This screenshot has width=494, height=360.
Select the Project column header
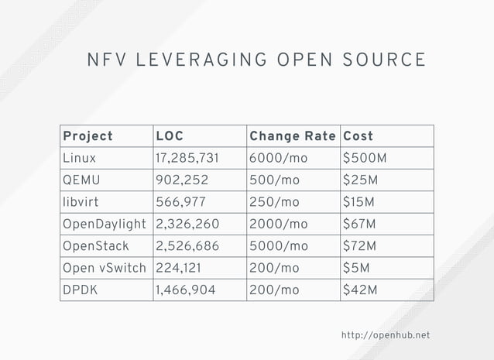point(87,136)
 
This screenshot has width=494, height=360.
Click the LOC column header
point(170,136)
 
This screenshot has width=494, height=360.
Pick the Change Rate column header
point(292,136)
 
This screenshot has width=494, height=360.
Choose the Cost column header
point(358,136)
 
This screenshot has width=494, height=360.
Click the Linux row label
point(80,158)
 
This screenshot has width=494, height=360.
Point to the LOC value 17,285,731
point(187,158)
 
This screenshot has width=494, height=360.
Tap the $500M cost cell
point(365,158)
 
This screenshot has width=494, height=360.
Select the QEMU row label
point(81,180)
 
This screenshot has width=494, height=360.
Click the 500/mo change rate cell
point(274,180)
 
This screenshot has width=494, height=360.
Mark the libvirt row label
point(81,202)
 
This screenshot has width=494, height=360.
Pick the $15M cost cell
point(360,202)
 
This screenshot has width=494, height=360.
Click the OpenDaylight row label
point(105,225)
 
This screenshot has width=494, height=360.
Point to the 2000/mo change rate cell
point(278,225)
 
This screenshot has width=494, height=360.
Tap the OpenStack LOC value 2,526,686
point(187,246)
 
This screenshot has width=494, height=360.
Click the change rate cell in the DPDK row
point(274,290)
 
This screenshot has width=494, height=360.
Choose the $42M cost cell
point(361,290)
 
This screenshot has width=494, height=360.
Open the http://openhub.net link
point(385,335)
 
